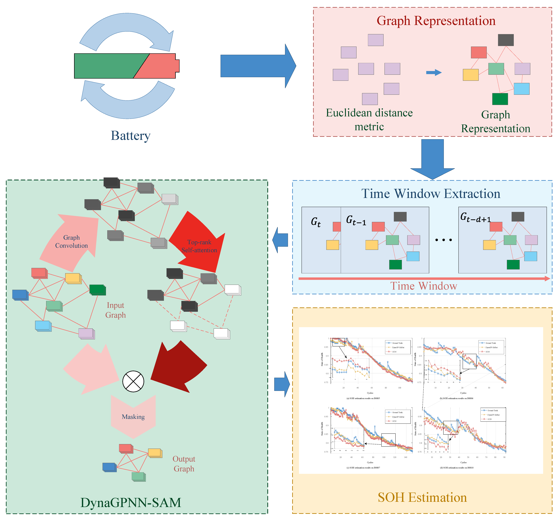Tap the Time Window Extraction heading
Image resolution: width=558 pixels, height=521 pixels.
(431, 194)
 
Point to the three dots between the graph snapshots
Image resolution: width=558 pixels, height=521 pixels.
(443, 240)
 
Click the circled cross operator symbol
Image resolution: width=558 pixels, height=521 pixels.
(133, 381)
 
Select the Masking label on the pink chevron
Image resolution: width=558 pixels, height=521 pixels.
(133, 417)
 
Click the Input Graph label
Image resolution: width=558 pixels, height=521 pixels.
(115, 310)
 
